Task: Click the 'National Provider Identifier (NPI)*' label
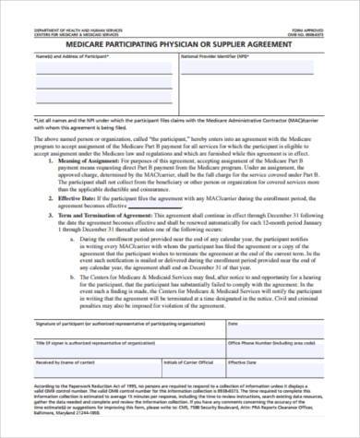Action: click(220, 56)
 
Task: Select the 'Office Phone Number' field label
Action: click(287, 343)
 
